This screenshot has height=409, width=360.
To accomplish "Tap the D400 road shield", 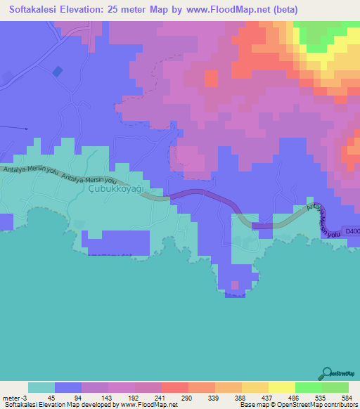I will tap(352, 230).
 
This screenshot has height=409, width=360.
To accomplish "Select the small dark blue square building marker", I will tap(57, 71).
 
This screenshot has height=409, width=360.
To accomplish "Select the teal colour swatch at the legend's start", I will tap(41, 387).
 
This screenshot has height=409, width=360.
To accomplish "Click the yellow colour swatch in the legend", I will tap(281, 387).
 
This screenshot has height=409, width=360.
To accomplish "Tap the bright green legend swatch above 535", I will tap(308, 387).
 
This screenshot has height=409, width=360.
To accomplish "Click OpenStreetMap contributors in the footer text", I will tap(321, 405).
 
